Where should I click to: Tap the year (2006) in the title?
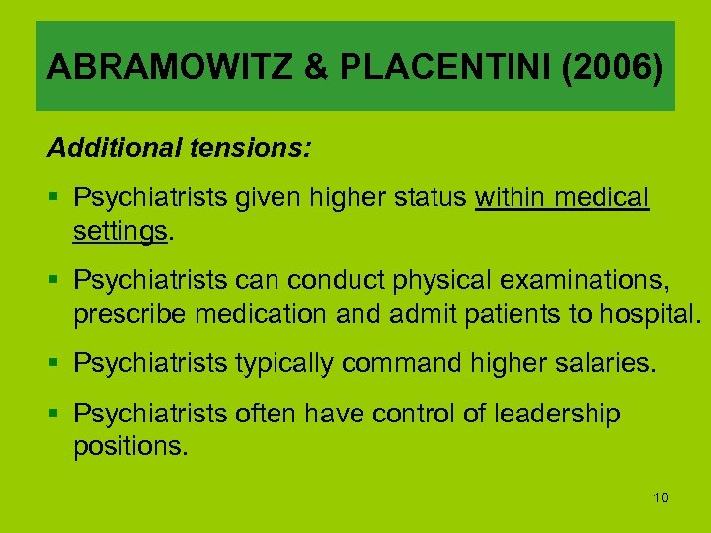point(603,67)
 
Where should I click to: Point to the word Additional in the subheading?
point(112,149)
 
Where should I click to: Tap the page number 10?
point(661,497)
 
